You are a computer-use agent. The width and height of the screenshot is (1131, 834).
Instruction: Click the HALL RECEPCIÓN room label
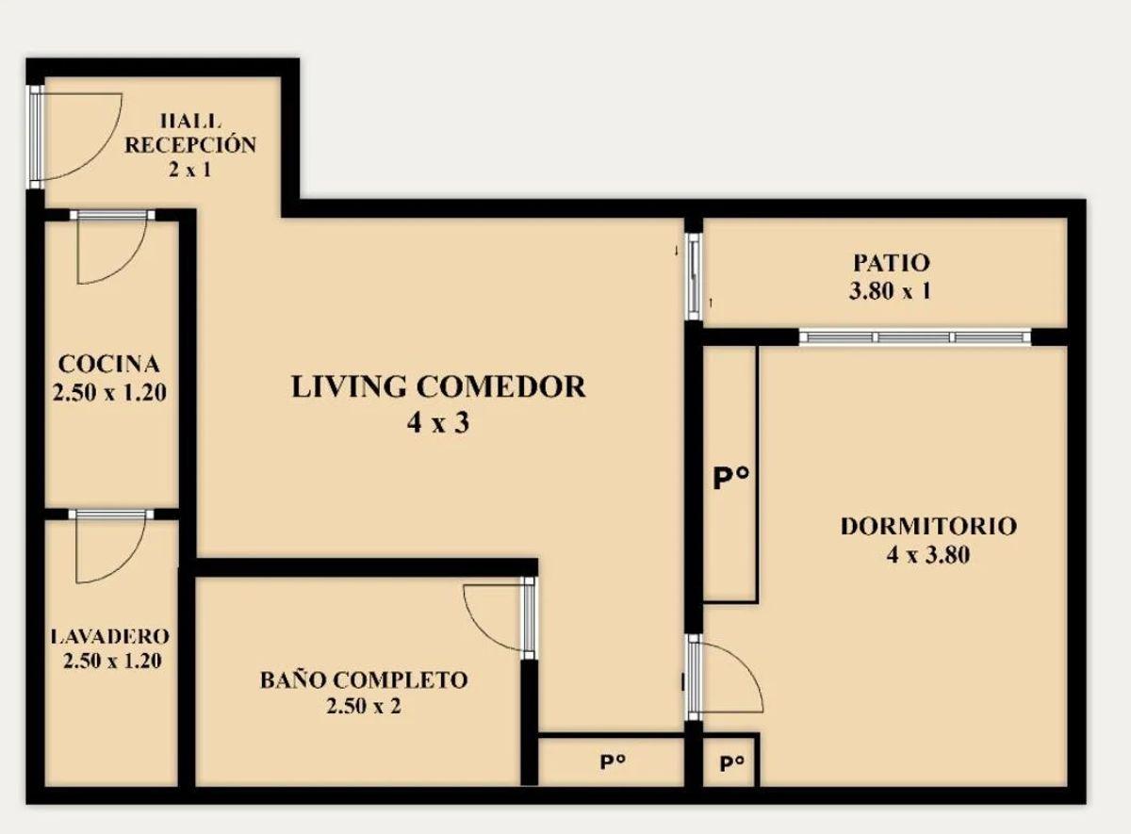(190, 133)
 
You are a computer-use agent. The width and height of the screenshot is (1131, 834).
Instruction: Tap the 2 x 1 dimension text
(189, 170)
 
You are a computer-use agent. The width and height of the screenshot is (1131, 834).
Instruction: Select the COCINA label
(109, 364)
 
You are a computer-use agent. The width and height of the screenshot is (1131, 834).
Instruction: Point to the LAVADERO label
(110, 636)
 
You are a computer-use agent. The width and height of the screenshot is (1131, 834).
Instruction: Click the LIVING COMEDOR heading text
(439, 386)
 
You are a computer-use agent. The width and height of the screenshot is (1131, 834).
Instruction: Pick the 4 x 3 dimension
(438, 422)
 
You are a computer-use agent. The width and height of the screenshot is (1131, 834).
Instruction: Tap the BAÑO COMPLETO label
(364, 679)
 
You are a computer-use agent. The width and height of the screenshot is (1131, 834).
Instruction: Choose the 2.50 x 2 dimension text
(364, 706)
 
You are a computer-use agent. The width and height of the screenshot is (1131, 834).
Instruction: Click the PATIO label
(892, 263)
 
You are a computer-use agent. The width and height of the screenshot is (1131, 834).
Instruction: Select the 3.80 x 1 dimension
(890, 291)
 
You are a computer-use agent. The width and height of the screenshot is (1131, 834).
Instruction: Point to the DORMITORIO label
(928, 527)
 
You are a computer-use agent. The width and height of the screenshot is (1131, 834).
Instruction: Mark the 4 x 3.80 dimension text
(928, 555)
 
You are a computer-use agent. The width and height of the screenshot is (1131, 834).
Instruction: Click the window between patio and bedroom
(915, 336)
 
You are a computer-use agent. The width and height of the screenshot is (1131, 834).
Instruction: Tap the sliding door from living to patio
(694, 276)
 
